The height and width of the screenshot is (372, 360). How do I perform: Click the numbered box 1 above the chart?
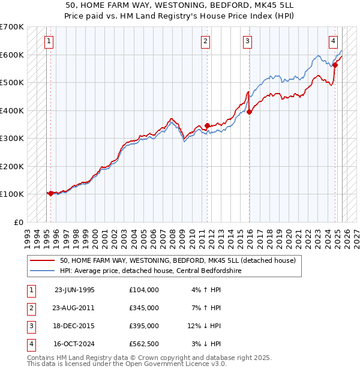(48, 41)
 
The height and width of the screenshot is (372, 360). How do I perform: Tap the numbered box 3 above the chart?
(247, 41)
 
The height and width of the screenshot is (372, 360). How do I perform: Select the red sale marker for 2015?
(249, 112)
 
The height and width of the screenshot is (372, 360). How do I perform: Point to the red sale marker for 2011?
(207, 125)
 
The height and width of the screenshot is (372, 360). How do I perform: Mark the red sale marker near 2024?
(335, 65)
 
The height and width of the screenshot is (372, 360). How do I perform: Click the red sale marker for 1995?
(51, 193)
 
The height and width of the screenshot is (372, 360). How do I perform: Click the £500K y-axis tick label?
(11, 82)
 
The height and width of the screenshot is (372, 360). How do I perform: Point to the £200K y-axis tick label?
(11, 166)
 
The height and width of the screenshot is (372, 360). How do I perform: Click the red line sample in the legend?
(42, 261)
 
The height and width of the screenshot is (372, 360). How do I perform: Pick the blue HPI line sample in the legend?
(42, 271)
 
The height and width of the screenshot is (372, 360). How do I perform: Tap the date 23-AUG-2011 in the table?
(74, 308)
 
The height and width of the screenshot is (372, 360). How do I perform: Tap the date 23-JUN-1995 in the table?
(74, 290)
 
